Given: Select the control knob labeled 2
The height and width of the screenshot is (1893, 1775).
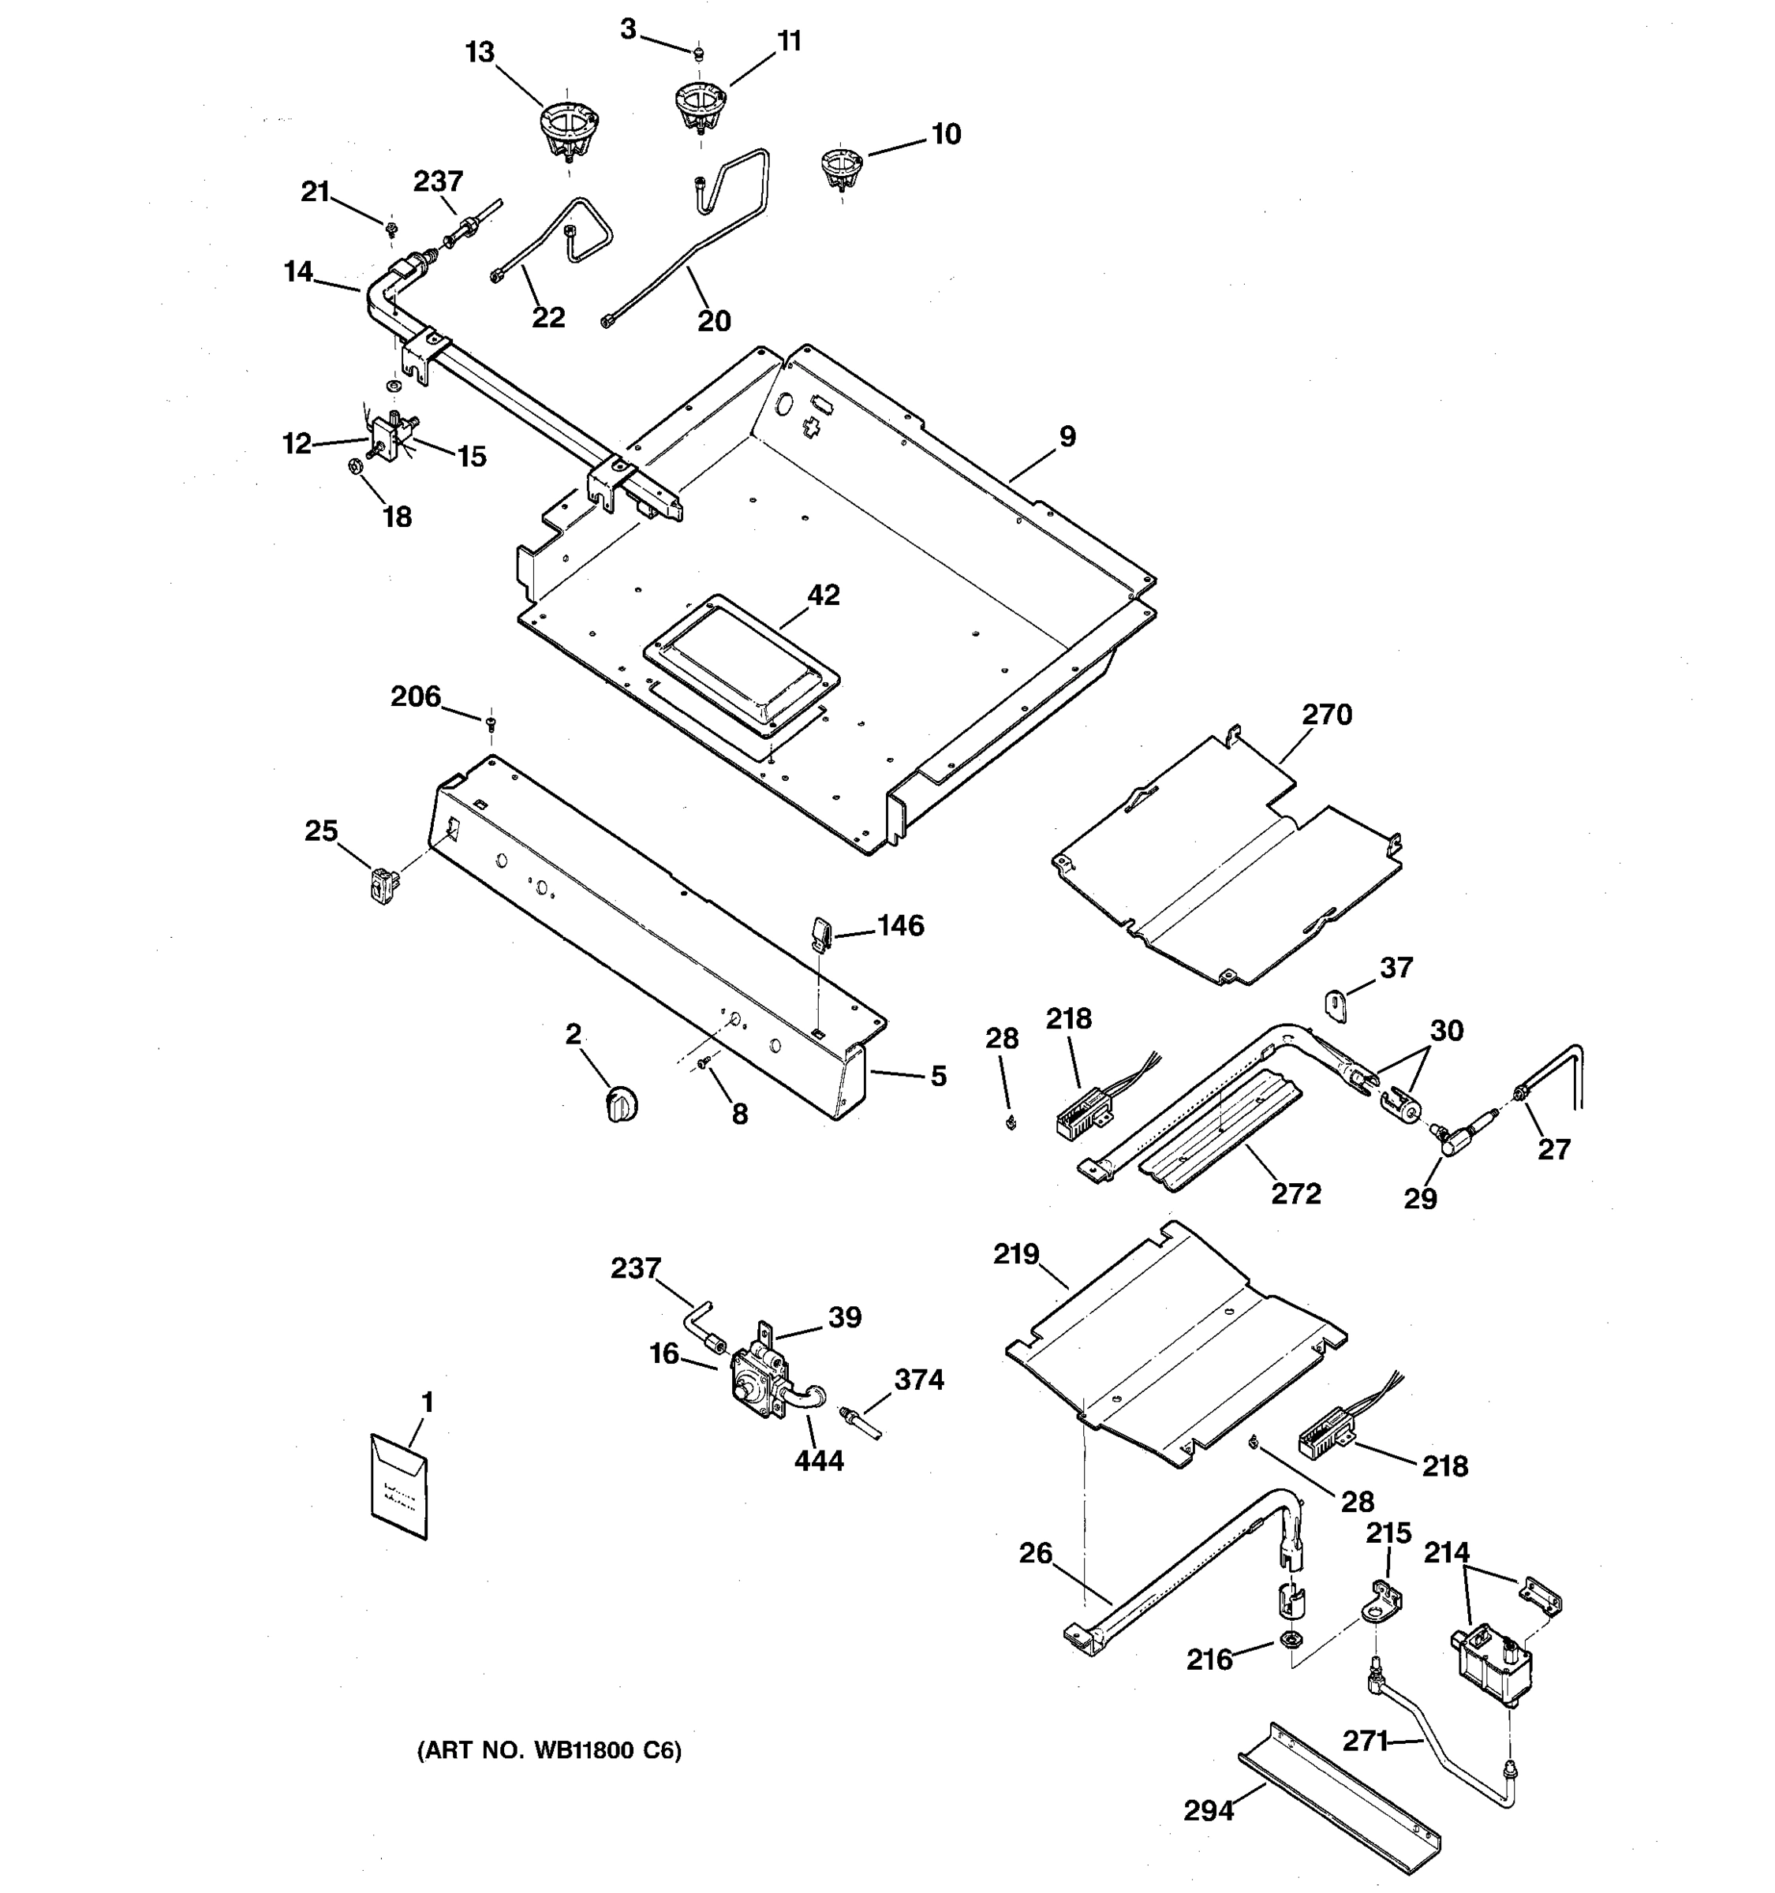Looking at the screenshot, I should coord(622,1104).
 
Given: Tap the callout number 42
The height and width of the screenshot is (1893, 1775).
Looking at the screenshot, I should coord(823,596).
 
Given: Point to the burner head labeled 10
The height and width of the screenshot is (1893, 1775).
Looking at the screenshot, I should coord(841,167).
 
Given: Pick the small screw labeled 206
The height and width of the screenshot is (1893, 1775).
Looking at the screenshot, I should coord(491,726).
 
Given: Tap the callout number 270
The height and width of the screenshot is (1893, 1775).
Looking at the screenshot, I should coord(1326,714).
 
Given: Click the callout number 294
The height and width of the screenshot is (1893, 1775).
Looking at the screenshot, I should coord(1209,1810).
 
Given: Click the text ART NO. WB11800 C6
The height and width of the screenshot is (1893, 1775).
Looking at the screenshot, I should coord(549,1750).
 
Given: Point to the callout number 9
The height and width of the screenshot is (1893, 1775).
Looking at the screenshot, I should coord(1067,436).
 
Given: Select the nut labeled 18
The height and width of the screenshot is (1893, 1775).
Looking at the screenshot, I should coord(351,467).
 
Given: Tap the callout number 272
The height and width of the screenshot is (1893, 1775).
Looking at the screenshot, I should coord(1296,1193).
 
